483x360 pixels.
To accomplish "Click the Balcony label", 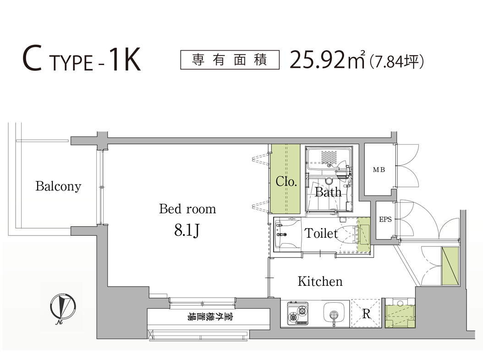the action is click(58, 186).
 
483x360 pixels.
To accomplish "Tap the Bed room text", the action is click(187, 209).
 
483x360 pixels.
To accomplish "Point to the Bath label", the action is click(328, 192).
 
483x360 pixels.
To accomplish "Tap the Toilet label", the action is click(321, 233).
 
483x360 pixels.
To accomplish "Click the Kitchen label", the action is click(320, 281).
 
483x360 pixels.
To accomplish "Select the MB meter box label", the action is click(379, 169).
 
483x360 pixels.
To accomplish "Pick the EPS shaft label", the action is click(385, 219).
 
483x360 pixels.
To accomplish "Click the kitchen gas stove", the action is click(298, 313).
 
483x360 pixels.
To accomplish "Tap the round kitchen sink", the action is click(334, 312).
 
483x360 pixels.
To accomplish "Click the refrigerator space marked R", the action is click(366, 313).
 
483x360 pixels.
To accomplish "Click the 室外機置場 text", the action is click(210, 316).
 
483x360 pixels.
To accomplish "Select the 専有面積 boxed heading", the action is click(230, 60).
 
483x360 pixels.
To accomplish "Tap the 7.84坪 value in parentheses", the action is click(397, 61).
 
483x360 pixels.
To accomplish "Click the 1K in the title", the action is click(125, 60).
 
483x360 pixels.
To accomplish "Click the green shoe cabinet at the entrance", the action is click(450, 266).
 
